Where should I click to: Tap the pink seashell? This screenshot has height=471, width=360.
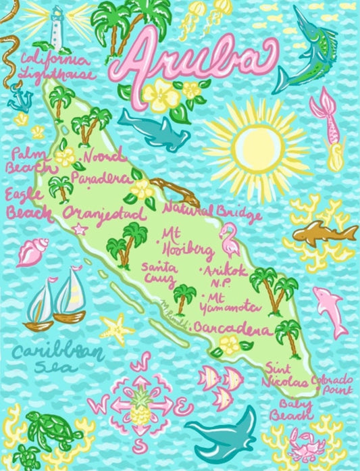click(32, 255)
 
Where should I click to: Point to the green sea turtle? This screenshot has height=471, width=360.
click(47, 429)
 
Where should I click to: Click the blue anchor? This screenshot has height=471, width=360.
click(20, 97)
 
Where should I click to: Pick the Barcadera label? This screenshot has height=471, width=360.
click(233, 329)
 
